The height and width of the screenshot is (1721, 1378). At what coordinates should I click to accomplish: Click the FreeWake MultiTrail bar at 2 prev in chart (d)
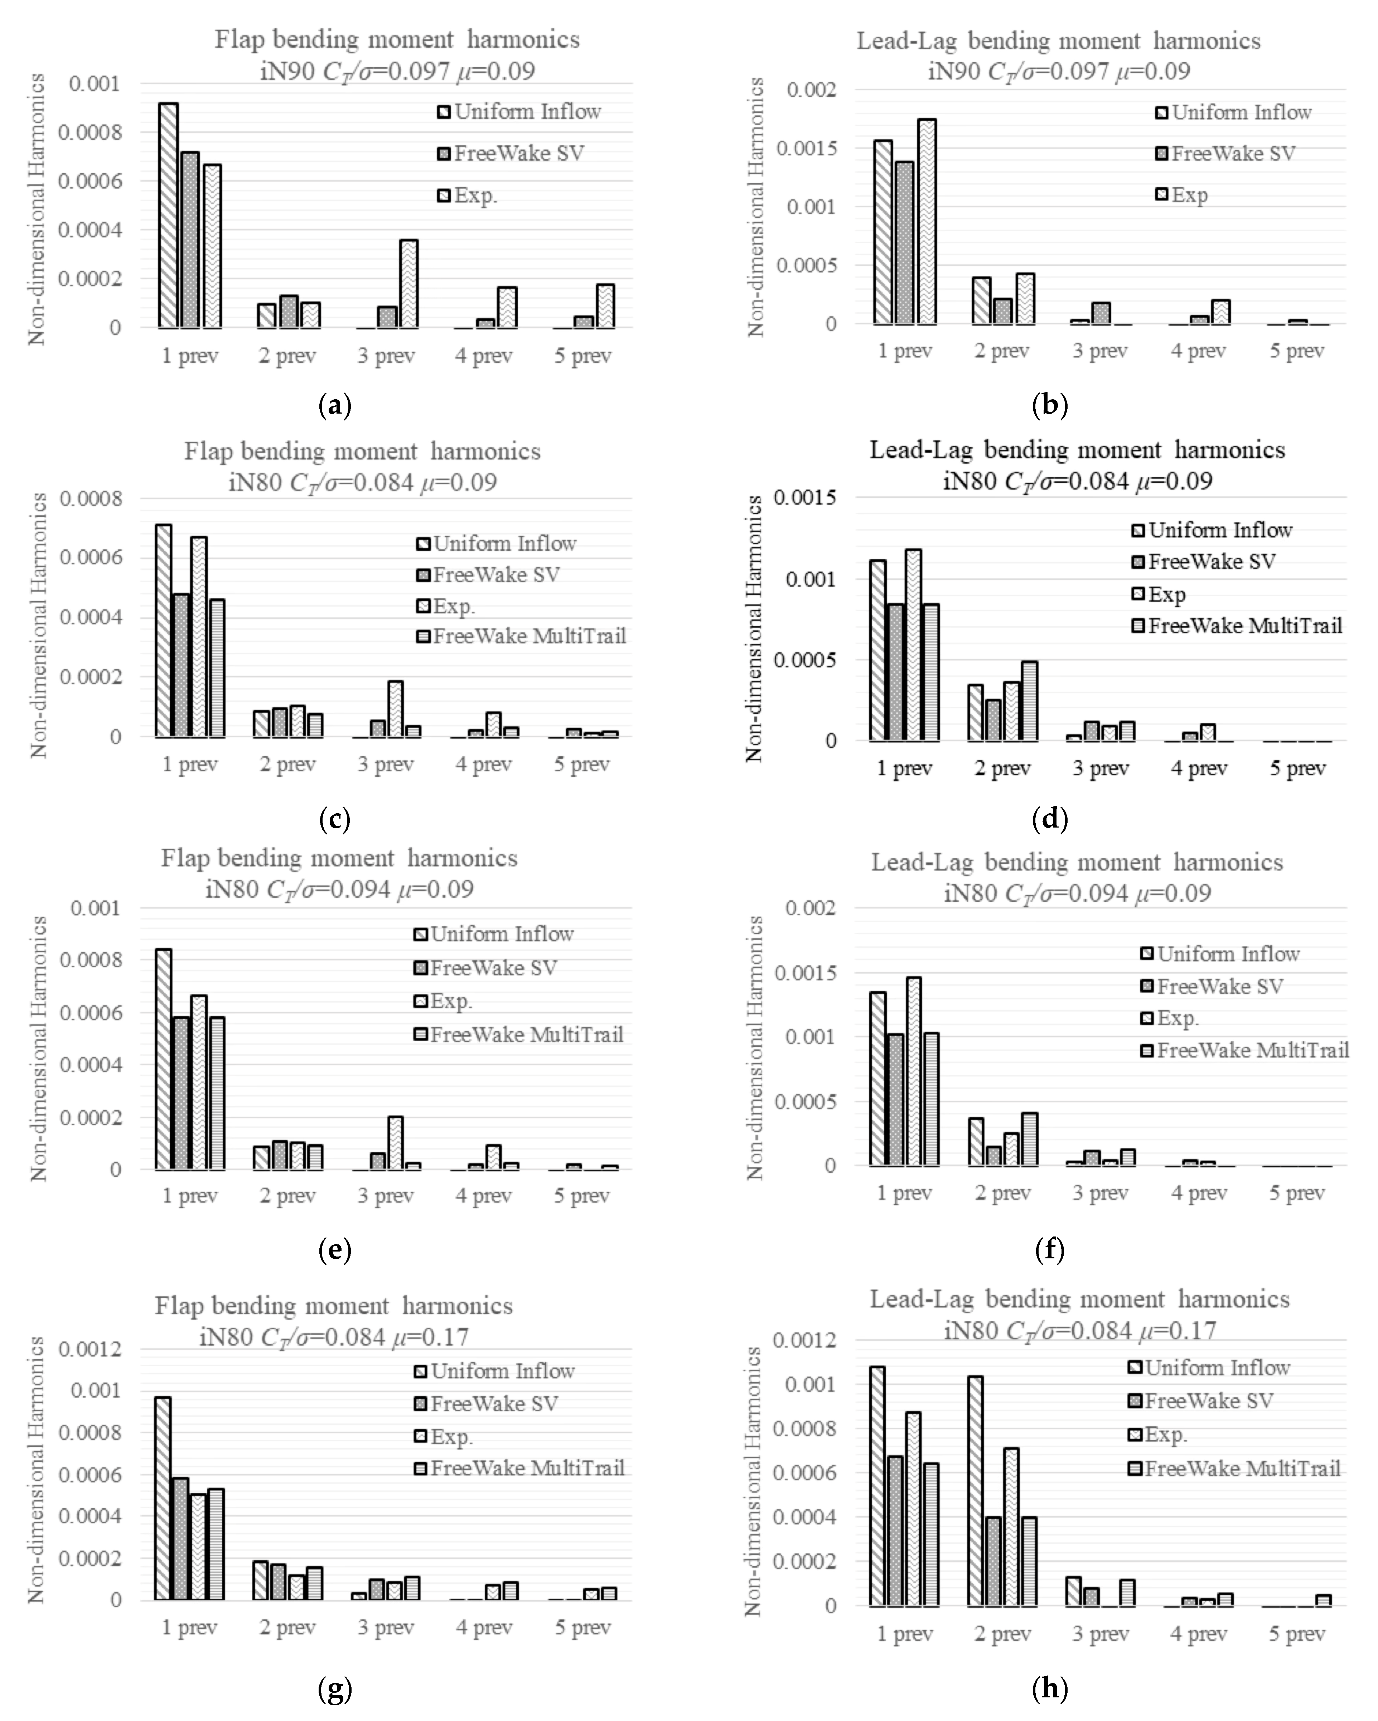(1029, 701)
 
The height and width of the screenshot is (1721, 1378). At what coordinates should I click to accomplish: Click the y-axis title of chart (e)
(38, 1048)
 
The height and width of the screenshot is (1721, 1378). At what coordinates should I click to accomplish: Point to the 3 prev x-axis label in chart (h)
(1100, 1634)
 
